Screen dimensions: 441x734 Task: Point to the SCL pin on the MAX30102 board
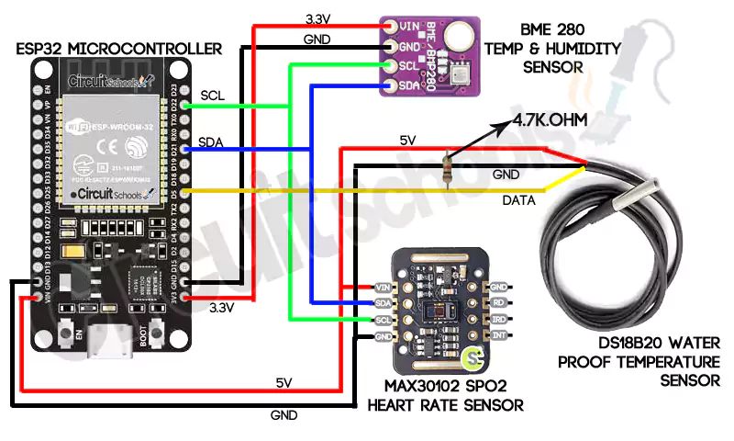(384, 320)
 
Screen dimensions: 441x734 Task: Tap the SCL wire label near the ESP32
(212, 95)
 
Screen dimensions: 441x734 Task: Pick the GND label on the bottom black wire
(284, 415)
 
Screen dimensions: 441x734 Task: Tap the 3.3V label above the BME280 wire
(318, 17)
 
